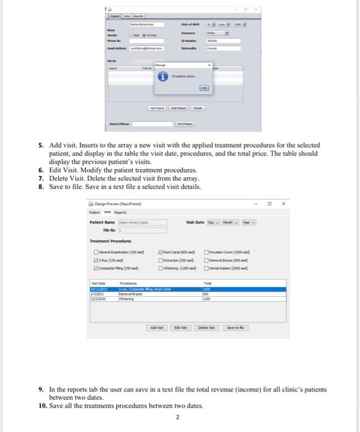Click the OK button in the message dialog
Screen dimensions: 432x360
coord(204,88)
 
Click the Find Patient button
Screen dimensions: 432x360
coord(185,123)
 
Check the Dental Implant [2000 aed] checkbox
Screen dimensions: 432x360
coord(226,270)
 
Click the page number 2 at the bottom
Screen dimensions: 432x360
coord(177,418)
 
